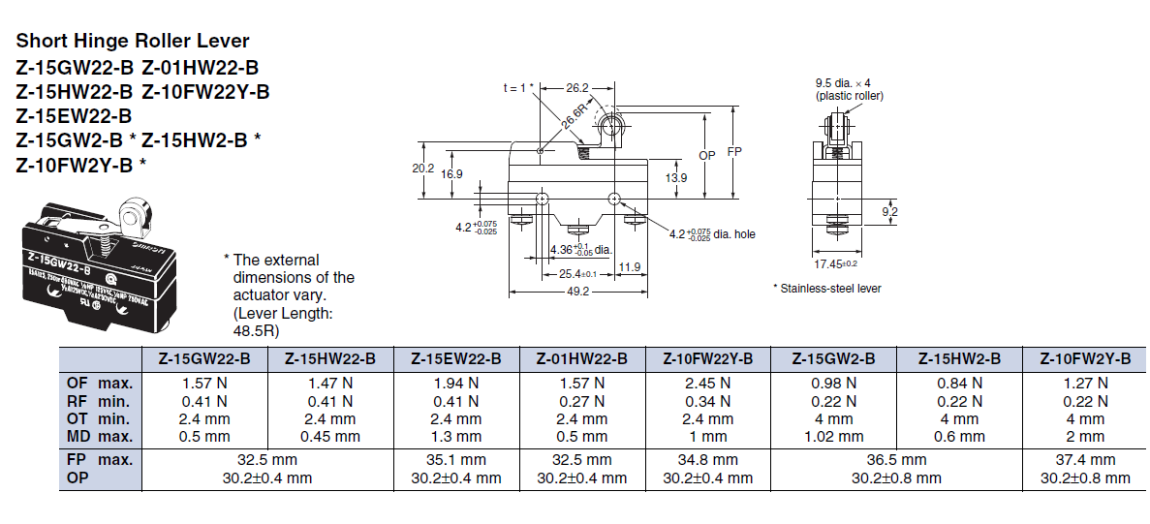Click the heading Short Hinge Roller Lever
(133, 41)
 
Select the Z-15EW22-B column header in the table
(455, 358)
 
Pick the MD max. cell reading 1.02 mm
(833, 436)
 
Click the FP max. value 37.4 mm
(1085, 460)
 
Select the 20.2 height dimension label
(423, 168)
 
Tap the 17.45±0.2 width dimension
(835, 263)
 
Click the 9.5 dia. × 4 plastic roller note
(849, 89)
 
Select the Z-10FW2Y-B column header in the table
(1085, 358)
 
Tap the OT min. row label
(98, 418)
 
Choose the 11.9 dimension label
(630, 267)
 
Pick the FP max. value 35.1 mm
(455, 460)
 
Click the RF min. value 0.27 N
(581, 401)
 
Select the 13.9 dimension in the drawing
(677, 177)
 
